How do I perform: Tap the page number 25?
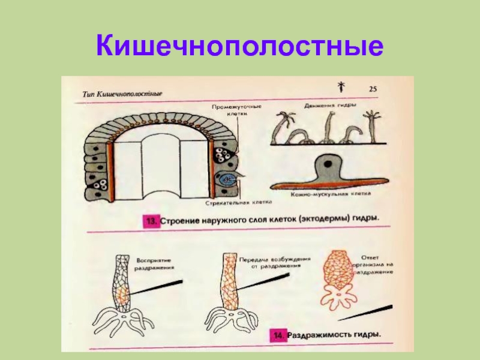(x=373, y=89)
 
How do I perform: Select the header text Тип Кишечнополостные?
(x=122, y=94)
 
